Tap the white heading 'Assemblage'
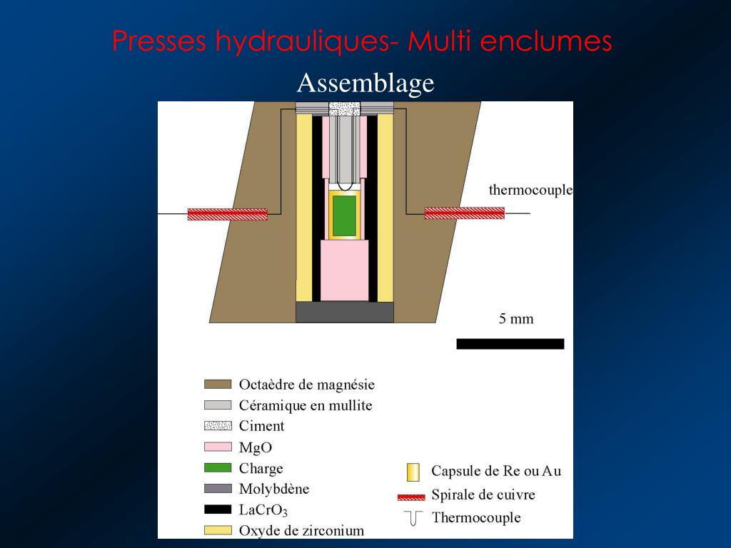[365, 83]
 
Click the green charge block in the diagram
[345, 215]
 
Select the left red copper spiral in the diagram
[228, 214]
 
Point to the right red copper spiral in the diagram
[464, 213]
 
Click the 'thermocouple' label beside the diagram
[530, 190]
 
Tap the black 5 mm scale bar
[510, 344]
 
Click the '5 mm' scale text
[515, 319]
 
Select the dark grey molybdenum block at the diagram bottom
[345, 313]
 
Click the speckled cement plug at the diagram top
[345, 108]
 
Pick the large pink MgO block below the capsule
[345, 270]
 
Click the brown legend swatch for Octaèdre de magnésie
[218, 385]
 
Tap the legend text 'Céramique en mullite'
[306, 405]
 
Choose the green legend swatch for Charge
[218, 467]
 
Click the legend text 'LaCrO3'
[263, 510]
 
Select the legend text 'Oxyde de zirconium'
[301, 531]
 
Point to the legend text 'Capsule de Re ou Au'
[496, 471]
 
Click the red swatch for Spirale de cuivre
[411, 497]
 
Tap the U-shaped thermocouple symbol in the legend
[413, 518]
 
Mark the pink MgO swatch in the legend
[218, 447]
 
